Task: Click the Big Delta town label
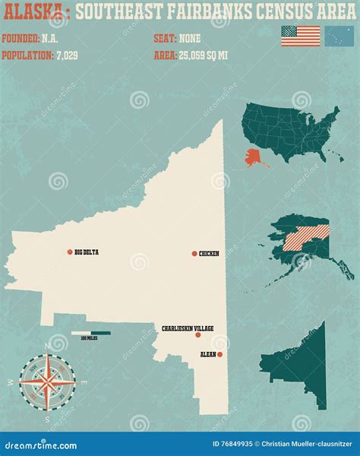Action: (x=87, y=252)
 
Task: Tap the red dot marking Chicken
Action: (x=194, y=253)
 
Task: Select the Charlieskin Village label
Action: (x=187, y=328)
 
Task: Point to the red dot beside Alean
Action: (x=219, y=354)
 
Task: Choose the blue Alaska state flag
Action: (x=336, y=35)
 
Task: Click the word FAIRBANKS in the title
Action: (x=202, y=11)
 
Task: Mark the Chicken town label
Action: (x=209, y=253)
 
